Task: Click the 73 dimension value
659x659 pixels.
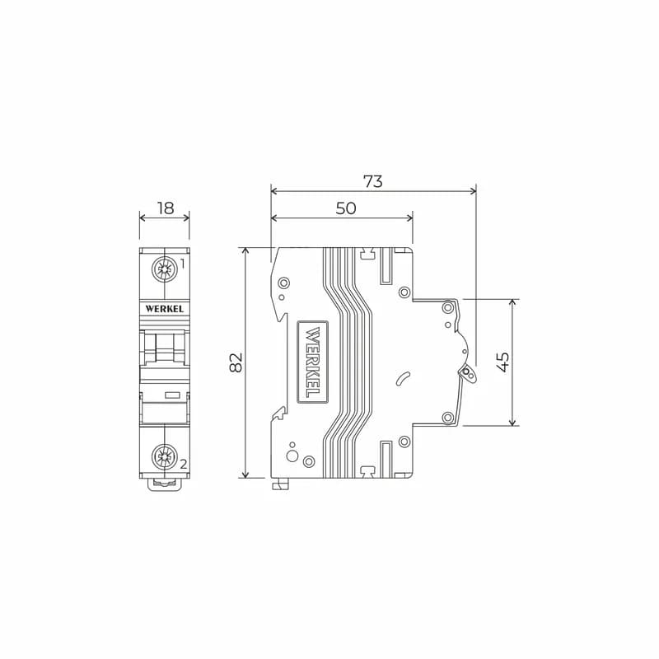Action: (373, 181)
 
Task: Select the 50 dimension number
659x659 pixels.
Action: (346, 208)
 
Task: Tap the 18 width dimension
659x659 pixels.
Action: (166, 208)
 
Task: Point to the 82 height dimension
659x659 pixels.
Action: (236, 362)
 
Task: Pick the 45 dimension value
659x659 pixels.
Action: (502, 362)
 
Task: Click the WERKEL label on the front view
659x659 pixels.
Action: (165, 309)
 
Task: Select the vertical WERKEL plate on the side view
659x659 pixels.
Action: (312, 362)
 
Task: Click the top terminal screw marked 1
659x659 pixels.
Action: (165, 268)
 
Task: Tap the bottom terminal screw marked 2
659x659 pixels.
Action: (165, 455)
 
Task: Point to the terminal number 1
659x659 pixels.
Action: (182, 264)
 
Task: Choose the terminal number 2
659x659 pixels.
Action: (183, 465)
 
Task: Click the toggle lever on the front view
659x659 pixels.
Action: (165, 346)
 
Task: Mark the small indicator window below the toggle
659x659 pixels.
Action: (173, 396)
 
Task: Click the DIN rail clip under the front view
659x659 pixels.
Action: (165, 484)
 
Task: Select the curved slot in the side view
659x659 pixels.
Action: (403, 379)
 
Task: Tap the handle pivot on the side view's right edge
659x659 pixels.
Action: (469, 374)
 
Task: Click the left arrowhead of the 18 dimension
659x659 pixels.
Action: (142, 217)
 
